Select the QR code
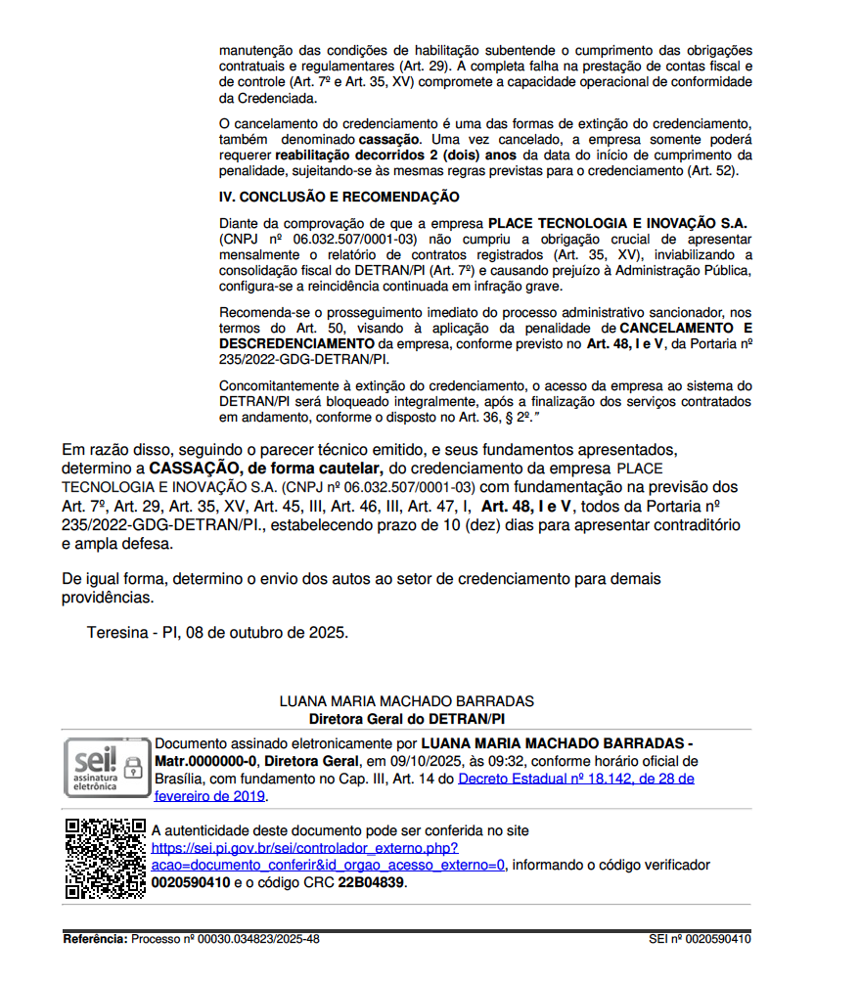click(x=105, y=858)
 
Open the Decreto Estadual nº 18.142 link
click(x=575, y=779)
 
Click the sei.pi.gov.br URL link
click(x=304, y=848)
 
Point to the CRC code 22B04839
click(x=371, y=882)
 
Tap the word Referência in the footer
click(x=95, y=939)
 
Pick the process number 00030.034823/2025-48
click(x=258, y=939)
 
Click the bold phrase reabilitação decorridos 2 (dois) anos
click(x=397, y=156)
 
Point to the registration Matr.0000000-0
click(x=205, y=761)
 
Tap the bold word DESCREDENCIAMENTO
click(x=296, y=344)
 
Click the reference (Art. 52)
click(x=715, y=171)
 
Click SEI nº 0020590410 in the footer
click(x=700, y=939)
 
